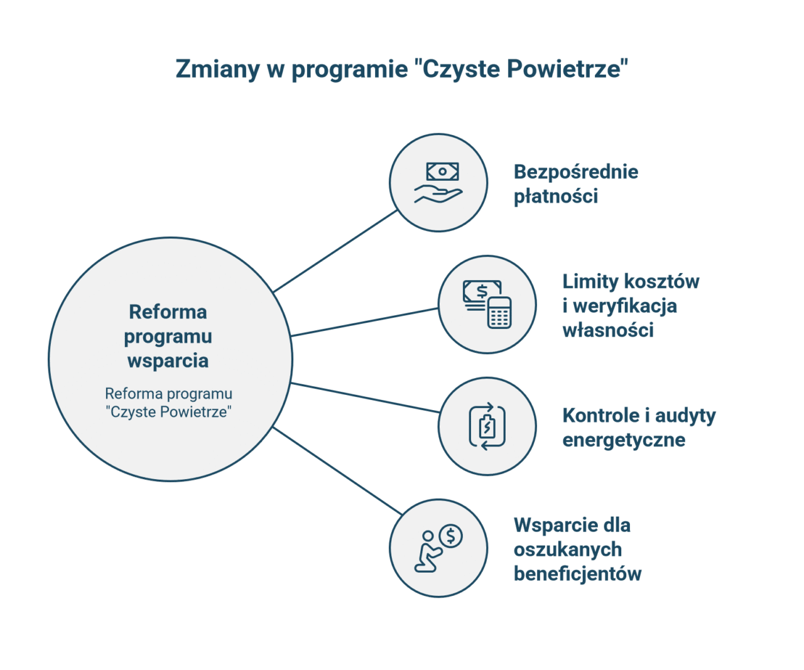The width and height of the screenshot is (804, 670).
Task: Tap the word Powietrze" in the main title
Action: point(567,68)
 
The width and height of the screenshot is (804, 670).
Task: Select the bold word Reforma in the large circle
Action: point(168,312)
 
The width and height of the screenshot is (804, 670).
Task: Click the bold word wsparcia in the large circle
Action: point(168,361)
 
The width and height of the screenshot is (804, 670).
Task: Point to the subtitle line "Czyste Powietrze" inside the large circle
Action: point(169,412)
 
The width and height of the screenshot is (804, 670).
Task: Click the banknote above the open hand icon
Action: point(442,171)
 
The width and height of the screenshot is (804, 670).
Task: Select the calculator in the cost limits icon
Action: point(499,313)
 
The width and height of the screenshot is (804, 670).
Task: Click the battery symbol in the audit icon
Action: point(487,426)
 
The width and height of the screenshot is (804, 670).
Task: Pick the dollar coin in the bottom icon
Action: point(451,536)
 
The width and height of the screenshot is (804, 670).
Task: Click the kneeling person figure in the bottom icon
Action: point(428,553)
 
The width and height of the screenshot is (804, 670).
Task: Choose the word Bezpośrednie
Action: point(576,172)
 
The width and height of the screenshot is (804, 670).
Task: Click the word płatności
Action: point(556,197)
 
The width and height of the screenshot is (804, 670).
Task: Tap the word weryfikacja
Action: point(626,306)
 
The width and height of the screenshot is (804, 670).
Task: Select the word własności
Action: point(608,330)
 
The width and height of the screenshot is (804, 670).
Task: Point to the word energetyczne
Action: point(624,440)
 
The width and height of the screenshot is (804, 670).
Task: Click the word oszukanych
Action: point(568,549)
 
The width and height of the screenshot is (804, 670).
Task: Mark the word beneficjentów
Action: point(578,574)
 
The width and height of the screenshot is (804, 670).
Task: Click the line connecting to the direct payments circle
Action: point(335,251)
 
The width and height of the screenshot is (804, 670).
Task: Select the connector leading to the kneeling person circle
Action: point(337,471)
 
